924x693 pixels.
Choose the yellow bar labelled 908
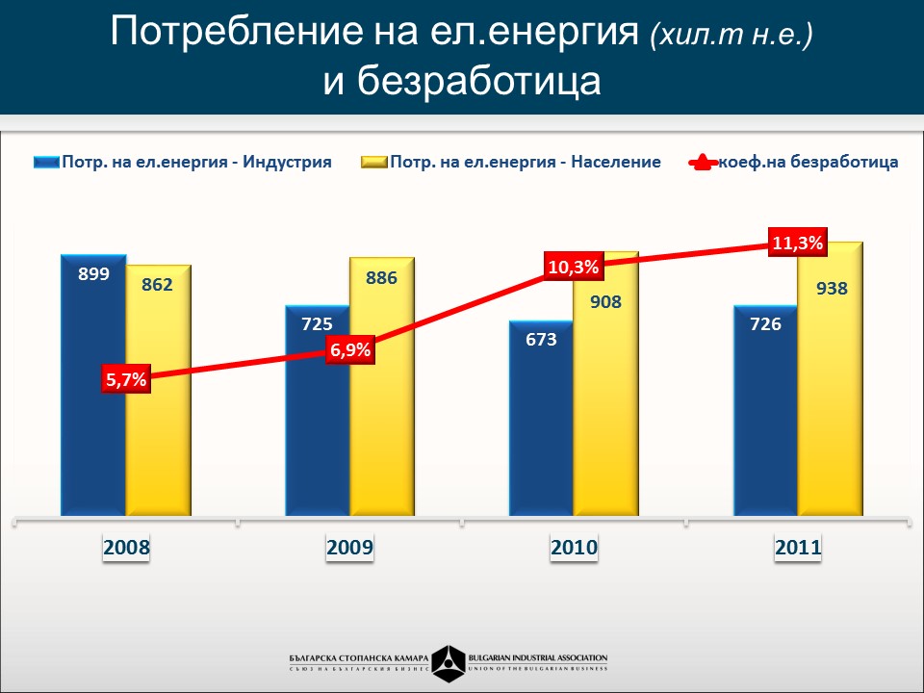[605, 404]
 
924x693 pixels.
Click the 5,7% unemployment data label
[126, 379]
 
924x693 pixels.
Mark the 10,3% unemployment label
[574, 267]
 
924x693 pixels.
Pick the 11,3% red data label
[798, 243]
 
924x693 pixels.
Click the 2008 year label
[127, 549]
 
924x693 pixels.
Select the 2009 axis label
[350, 549]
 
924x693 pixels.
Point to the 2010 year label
[575, 549]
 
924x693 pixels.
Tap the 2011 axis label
[798, 549]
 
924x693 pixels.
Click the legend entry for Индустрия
[183, 162]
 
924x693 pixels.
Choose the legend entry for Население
[511, 162]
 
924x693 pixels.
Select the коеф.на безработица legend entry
[794, 162]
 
